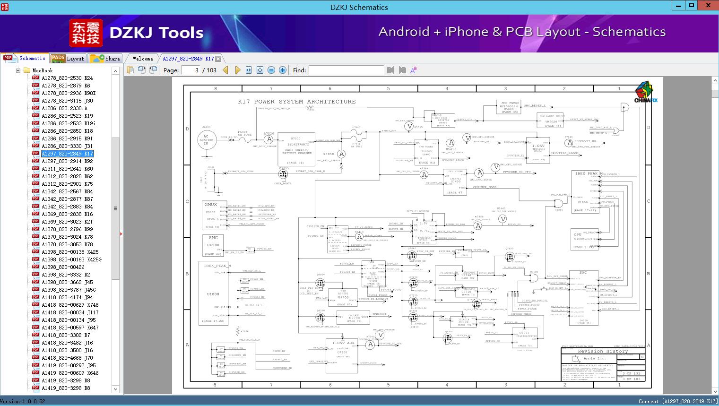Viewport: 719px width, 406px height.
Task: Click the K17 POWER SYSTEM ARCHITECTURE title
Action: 296,102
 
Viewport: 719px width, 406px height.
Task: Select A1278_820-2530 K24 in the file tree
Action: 67,78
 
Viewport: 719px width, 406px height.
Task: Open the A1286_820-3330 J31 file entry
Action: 67,146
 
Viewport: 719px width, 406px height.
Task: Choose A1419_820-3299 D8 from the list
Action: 66,388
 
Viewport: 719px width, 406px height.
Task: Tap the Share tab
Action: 106,59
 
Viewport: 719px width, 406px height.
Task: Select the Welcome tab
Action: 143,59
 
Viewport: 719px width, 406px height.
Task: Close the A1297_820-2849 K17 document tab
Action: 218,59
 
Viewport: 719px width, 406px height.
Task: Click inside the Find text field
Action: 346,70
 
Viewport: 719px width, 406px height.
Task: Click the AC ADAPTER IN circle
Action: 206,140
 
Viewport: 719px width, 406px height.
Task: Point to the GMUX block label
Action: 210,205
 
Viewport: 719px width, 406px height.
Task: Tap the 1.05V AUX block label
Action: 343,343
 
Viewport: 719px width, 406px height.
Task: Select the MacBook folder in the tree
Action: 42,70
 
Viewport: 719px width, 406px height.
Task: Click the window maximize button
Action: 692,6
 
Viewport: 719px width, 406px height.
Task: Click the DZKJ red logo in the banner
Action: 86,33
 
